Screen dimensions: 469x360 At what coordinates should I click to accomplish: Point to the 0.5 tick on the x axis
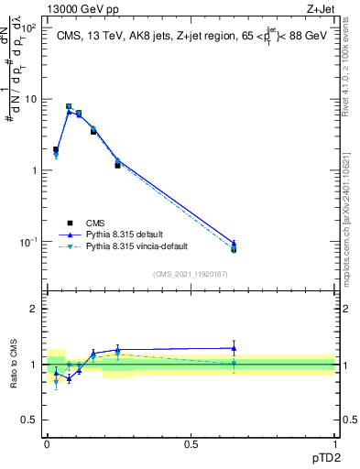click(x=191, y=443)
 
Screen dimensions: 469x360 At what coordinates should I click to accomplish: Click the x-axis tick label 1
click(x=334, y=443)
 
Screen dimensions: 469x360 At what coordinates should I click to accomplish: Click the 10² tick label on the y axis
click(x=28, y=28)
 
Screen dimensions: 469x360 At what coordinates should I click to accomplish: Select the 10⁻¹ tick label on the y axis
click(x=28, y=242)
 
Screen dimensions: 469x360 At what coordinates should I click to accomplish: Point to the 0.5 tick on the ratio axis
click(x=28, y=420)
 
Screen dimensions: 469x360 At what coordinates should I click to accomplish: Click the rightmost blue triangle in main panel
click(x=234, y=243)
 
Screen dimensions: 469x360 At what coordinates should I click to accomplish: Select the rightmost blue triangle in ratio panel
click(x=234, y=348)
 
